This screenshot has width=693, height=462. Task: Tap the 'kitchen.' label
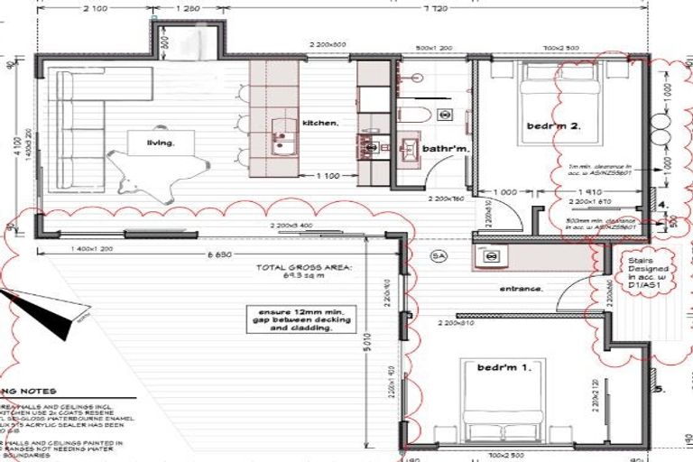click(x=319, y=122)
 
